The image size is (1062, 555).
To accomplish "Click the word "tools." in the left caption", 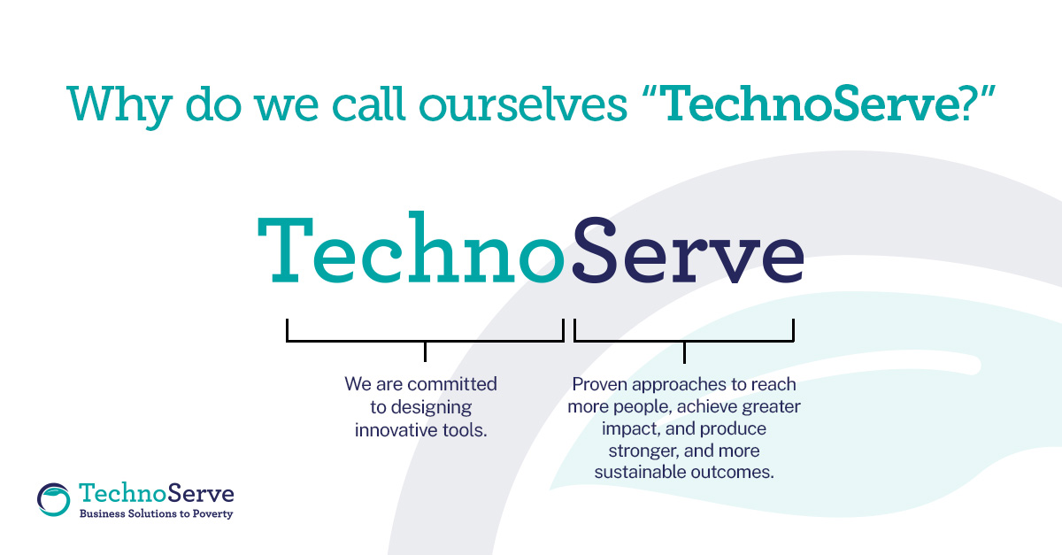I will (466, 430).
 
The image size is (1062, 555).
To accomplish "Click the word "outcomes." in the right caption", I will (731, 473).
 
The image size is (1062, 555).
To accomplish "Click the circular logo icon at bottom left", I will (54, 497).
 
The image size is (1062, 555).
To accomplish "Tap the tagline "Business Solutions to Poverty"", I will (157, 513).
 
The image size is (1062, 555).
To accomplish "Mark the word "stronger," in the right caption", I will (641, 451).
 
